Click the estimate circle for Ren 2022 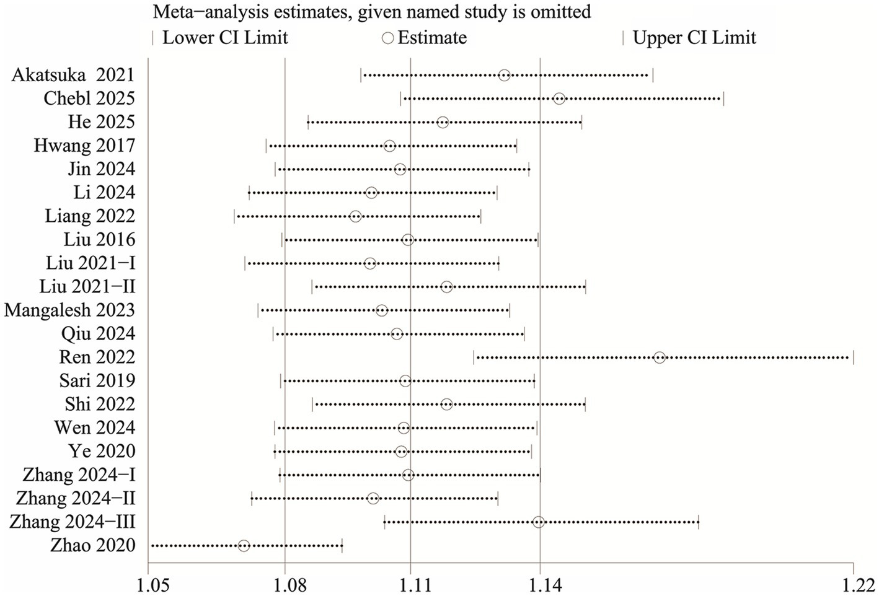(x=660, y=357)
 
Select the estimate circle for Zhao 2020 (x=244, y=546)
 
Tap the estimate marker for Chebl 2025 (x=559, y=99)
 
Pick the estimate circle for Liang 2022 (x=355, y=216)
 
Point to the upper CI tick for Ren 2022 (x=854, y=357)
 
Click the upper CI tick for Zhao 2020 (x=342, y=546)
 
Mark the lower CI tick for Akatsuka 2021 (x=361, y=76)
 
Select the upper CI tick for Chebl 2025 (x=723, y=99)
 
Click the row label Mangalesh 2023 (x=69, y=310)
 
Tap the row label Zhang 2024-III (x=73, y=522)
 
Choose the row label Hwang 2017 (x=84, y=146)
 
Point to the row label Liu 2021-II (x=87, y=287)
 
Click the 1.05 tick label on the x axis (x=148, y=585)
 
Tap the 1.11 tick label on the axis (x=411, y=585)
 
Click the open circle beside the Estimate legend (x=387, y=38)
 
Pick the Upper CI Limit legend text (x=694, y=38)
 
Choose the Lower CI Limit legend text (x=225, y=38)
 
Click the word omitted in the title (x=555, y=11)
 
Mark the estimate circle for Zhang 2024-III (x=539, y=522)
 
